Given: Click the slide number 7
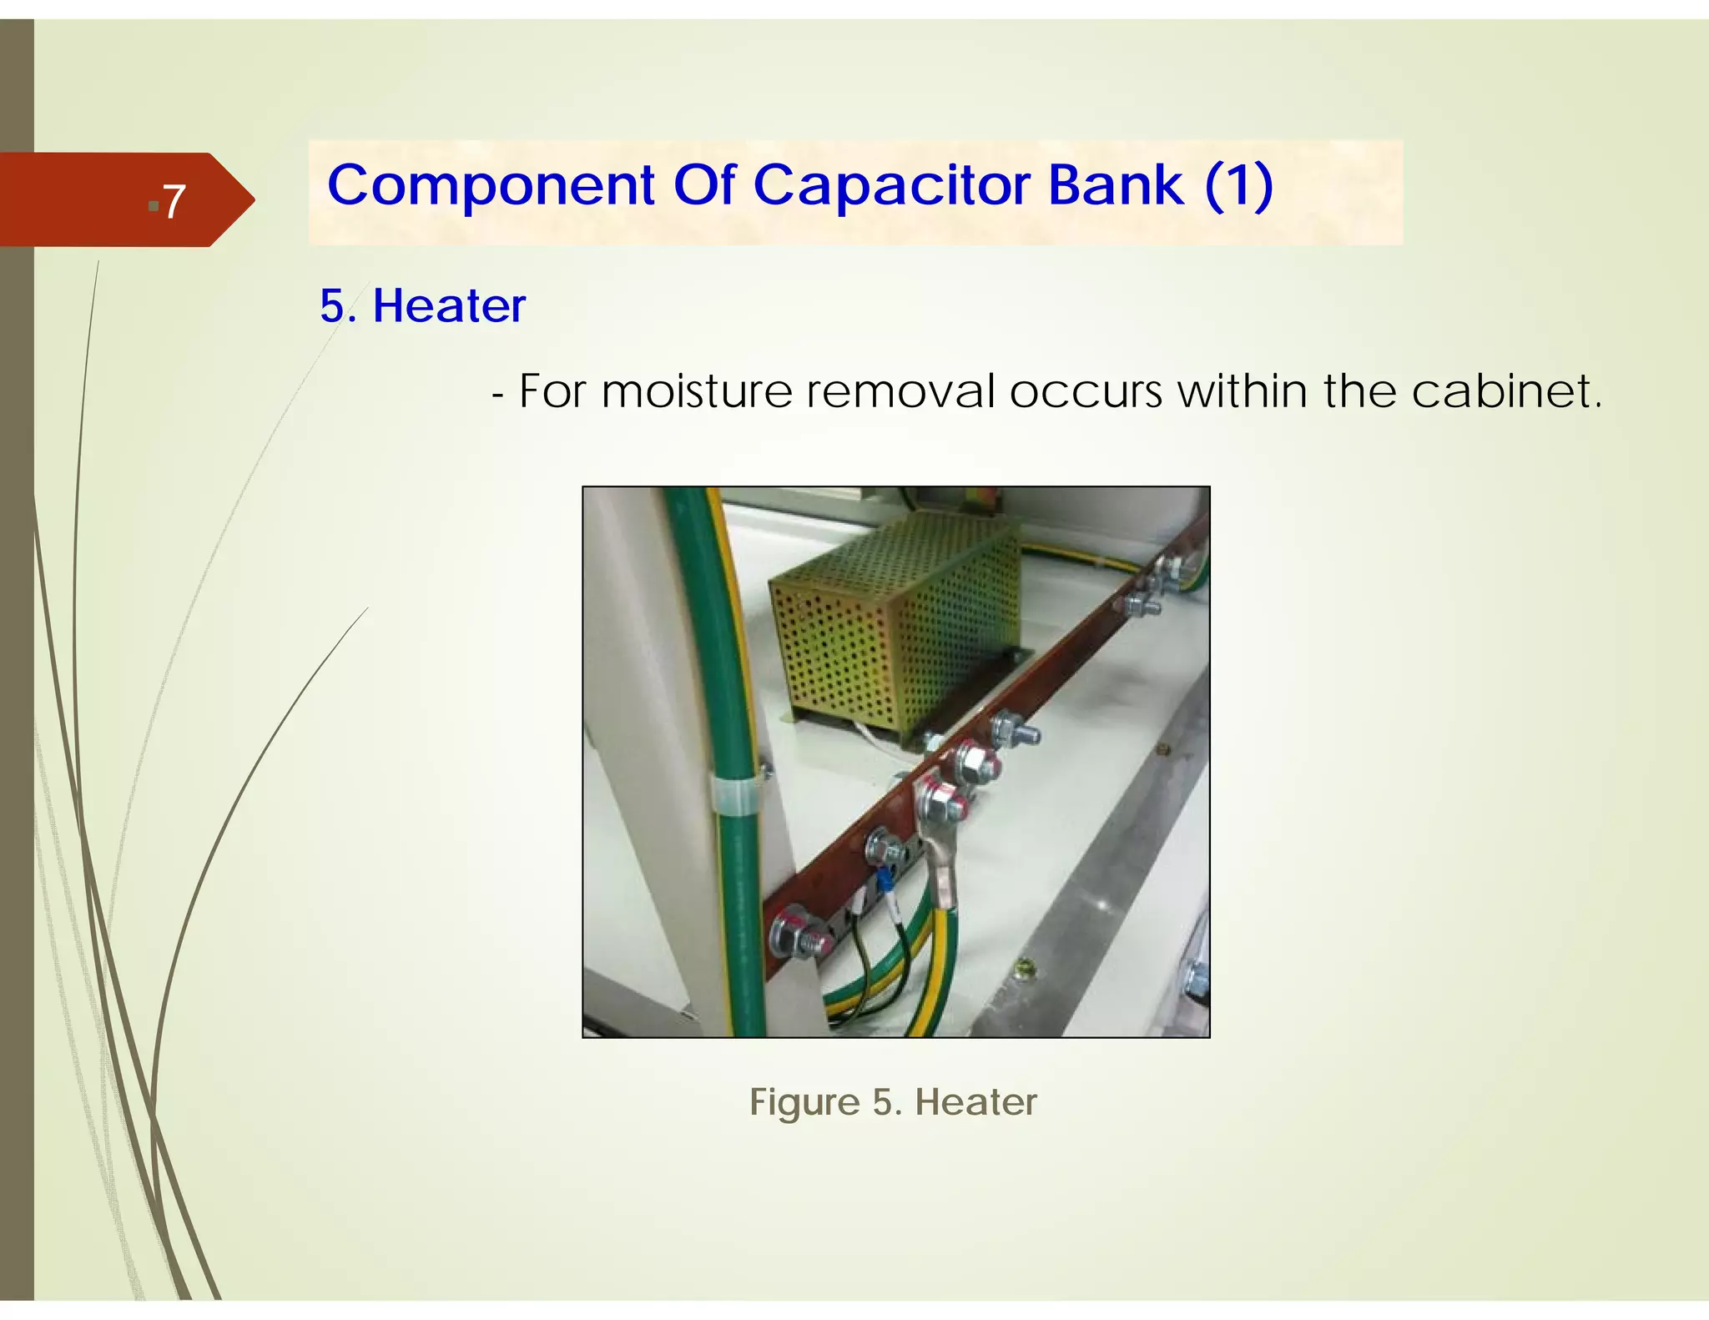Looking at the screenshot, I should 173,201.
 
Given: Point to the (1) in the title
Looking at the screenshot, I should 1238,185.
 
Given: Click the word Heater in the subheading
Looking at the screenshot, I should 449,305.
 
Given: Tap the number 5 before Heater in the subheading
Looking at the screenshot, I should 333,305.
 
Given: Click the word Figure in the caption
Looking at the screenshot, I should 804,1102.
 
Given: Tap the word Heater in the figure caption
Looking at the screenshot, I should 975,1102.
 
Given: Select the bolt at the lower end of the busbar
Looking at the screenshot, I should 799,932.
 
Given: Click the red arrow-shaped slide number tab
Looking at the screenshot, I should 125,200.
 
